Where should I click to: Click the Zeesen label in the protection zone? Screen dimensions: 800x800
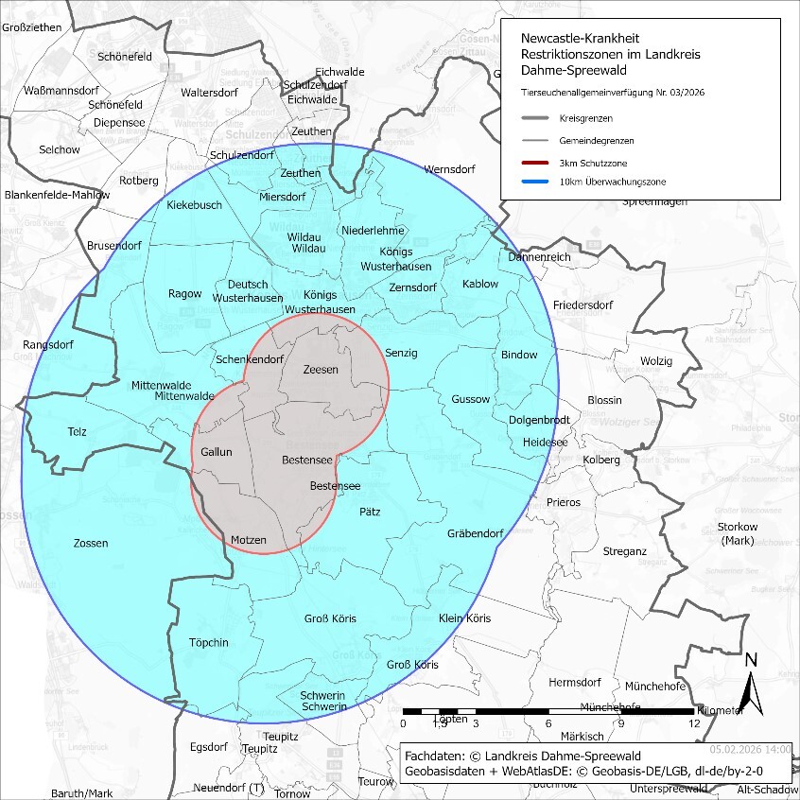point(320,370)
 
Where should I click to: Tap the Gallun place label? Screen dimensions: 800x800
point(216,452)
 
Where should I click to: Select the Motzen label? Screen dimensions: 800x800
point(249,540)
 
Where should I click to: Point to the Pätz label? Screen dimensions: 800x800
point(370,512)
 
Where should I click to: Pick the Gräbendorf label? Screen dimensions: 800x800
point(475,533)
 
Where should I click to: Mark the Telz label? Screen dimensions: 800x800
point(77,432)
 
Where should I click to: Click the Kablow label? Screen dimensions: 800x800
point(480,285)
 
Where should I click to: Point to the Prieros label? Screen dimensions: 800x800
point(563,502)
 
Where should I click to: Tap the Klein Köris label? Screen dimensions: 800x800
point(465,618)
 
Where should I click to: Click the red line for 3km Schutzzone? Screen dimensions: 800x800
point(541,162)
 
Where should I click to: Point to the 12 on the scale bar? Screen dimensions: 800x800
point(694,723)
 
